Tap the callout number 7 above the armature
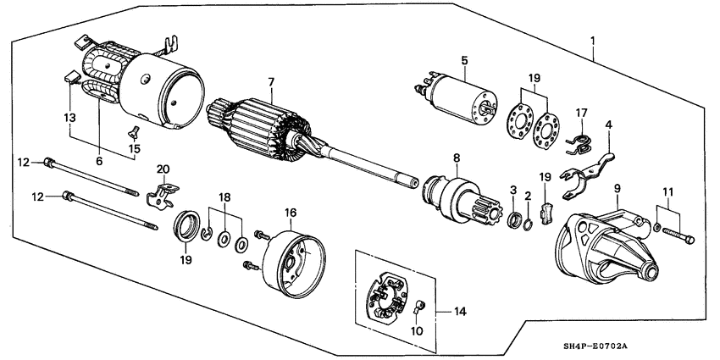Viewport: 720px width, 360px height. pos(271,81)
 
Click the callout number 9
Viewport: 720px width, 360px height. pos(617,187)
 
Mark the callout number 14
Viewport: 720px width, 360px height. pos(459,313)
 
